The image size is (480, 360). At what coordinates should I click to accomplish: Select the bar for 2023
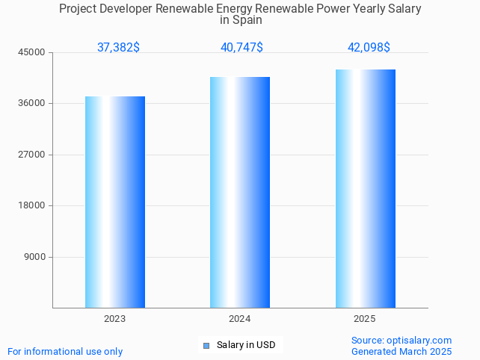[x=115, y=202]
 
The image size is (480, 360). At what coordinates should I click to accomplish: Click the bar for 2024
[x=240, y=192]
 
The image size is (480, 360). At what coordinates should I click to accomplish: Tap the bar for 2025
[x=365, y=188]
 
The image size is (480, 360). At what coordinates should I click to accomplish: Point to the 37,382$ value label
[x=118, y=48]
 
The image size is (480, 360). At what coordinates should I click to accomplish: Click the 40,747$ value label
[x=241, y=48]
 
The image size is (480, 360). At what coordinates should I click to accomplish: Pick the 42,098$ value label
[x=369, y=48]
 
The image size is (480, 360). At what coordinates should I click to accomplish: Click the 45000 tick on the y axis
[x=33, y=52]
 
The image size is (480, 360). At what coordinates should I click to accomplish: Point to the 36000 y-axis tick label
[x=33, y=104]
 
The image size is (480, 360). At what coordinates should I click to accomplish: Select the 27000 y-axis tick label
[x=33, y=155]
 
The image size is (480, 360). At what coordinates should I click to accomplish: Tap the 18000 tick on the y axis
[x=33, y=206]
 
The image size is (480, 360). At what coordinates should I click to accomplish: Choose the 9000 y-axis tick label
[x=35, y=257]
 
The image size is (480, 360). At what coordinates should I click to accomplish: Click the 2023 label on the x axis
[x=115, y=319]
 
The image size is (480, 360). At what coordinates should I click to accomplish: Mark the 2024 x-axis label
[x=240, y=319]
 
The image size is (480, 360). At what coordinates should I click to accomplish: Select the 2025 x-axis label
[x=365, y=319]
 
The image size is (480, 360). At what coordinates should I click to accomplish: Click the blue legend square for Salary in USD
[x=206, y=345]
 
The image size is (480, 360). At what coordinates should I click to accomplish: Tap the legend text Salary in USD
[x=246, y=345]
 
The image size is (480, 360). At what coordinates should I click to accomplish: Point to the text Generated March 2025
[x=401, y=352]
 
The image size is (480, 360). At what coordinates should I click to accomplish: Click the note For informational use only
[x=65, y=352]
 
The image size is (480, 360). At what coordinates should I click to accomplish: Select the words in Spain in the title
[x=240, y=20]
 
